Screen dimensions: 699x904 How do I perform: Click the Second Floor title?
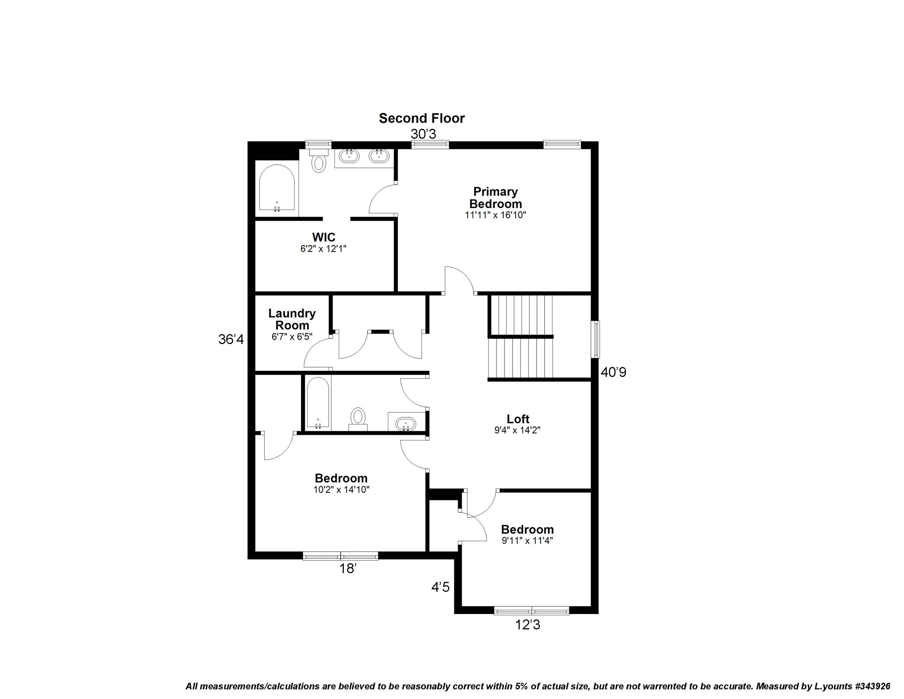421,118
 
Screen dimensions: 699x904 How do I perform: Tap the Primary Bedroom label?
495,198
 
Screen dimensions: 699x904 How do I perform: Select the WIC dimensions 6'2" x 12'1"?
323,249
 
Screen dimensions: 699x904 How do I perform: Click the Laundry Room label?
292,319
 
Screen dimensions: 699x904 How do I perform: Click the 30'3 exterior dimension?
423,134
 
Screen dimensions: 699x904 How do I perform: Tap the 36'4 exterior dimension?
231,340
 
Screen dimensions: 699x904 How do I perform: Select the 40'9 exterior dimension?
613,373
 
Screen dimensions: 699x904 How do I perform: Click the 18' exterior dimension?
348,569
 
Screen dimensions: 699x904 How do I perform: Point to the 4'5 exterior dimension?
440,587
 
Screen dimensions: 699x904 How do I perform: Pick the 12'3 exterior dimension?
527,625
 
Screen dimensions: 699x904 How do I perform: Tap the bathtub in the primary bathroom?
277,188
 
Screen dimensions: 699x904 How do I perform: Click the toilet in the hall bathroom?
358,418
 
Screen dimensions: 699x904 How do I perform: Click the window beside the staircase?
596,339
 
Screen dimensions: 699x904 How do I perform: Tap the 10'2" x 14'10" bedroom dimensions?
341,490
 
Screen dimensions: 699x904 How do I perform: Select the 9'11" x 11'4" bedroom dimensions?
527,541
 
